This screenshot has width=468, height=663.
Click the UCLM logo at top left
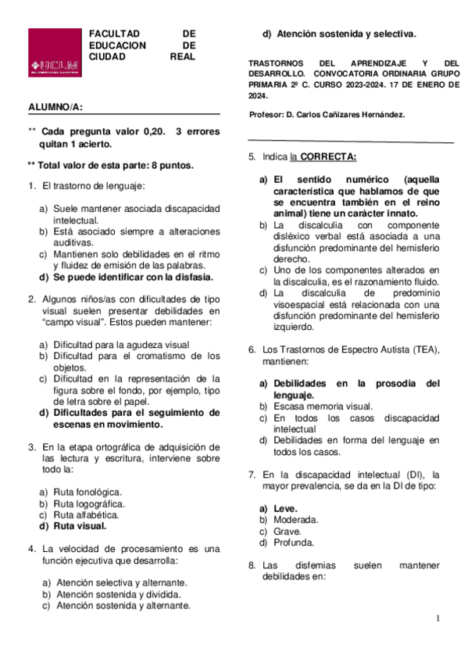coord(55,52)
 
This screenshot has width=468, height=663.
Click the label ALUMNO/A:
coord(56,106)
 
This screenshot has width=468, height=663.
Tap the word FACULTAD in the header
coord(114,34)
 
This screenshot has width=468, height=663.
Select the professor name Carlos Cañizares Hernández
coord(346,114)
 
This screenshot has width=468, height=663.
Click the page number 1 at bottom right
coord(438,618)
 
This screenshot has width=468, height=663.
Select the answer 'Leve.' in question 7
coord(285,508)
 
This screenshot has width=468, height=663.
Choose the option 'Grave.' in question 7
coord(286,531)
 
